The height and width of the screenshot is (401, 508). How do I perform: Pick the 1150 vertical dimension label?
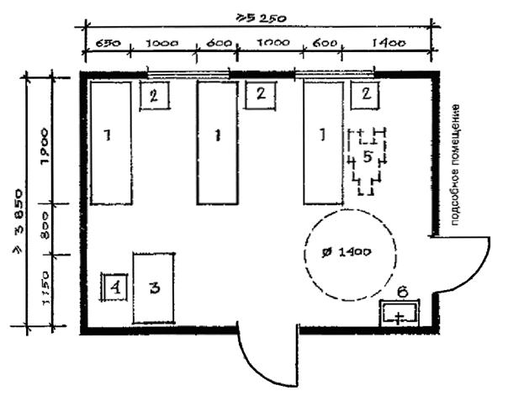[46, 287]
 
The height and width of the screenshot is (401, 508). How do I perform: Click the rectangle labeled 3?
[154, 287]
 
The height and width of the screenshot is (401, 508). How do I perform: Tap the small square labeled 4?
[114, 288]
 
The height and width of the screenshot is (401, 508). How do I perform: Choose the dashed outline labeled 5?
[367, 160]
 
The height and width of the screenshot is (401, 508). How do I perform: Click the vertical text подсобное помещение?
[455, 164]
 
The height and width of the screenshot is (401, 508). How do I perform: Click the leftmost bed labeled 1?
[110, 142]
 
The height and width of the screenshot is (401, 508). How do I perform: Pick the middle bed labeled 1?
[217, 142]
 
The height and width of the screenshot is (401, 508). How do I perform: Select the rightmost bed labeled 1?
[323, 142]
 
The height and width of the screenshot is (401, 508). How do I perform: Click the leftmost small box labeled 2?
[154, 95]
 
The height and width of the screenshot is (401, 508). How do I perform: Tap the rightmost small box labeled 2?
[366, 94]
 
